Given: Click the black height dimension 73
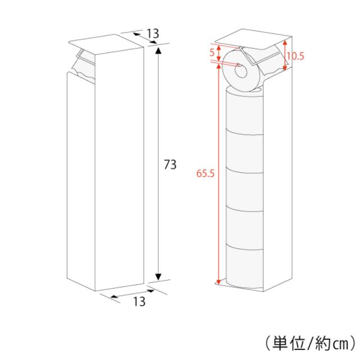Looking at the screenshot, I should [170, 165].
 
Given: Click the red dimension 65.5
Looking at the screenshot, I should [206, 173].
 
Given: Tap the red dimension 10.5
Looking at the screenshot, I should [295, 56].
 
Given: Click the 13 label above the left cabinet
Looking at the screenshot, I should [152, 33].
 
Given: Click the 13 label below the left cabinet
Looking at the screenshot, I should [139, 301].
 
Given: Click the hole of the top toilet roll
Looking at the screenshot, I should [241, 70].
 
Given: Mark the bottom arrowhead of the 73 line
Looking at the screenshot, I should [159, 276].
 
